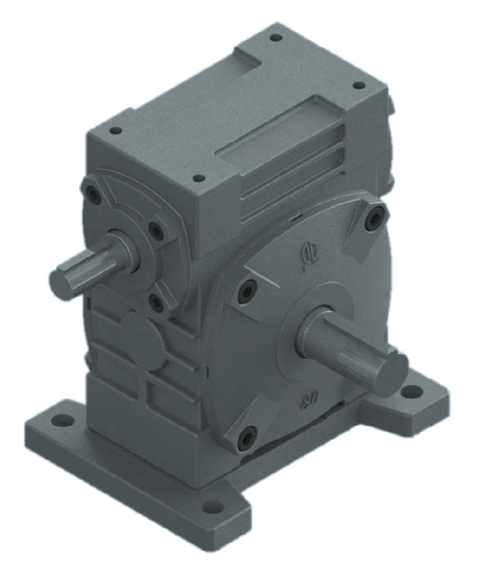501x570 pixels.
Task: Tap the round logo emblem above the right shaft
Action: [308, 253]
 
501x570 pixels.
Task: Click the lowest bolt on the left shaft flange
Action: [156, 302]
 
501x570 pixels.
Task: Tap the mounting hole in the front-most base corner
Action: [209, 509]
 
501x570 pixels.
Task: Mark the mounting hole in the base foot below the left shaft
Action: [64, 420]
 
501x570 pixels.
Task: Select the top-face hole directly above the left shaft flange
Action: [115, 131]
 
